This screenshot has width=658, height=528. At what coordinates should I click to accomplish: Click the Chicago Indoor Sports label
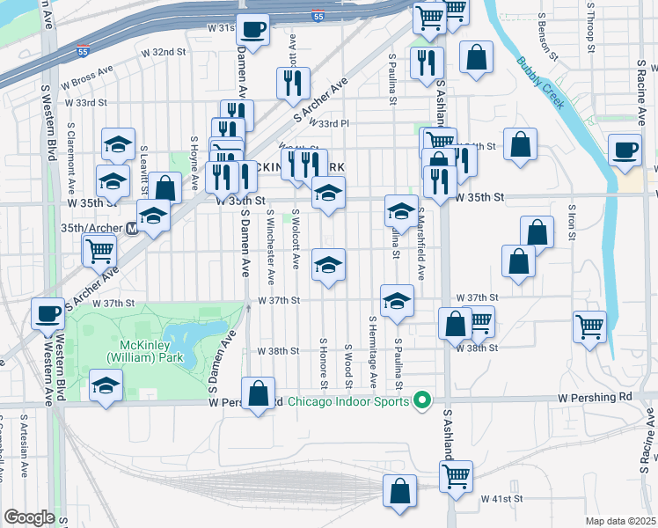click(347, 402)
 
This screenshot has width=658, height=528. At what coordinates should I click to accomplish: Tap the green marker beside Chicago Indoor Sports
click(421, 401)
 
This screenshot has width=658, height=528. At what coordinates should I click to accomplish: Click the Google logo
click(29, 517)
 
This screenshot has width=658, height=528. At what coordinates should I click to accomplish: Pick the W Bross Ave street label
click(88, 75)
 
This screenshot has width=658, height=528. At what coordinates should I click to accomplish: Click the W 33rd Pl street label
click(329, 124)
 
